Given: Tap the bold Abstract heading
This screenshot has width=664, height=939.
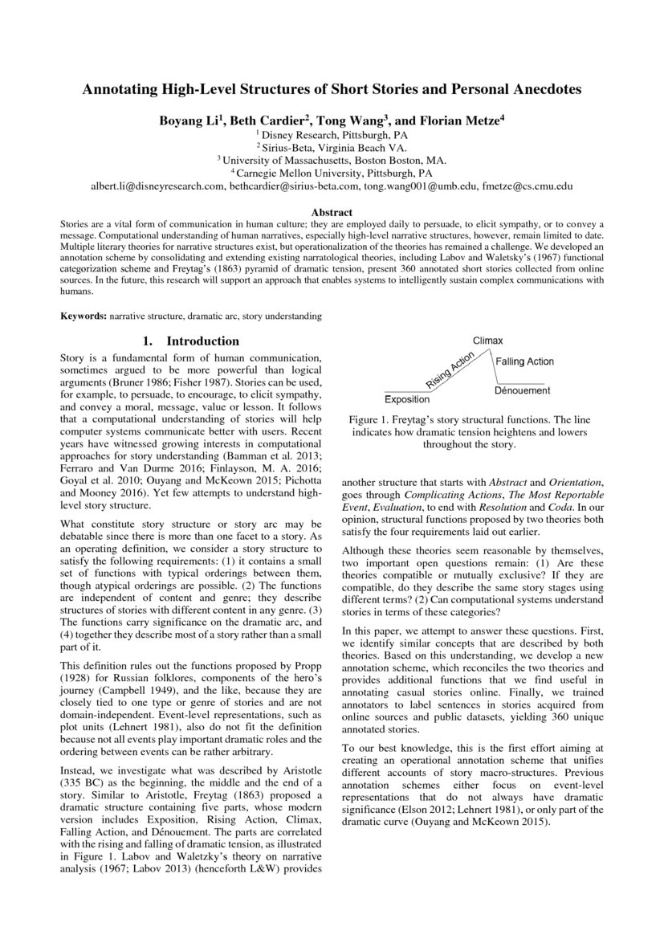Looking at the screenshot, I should [x=332, y=212].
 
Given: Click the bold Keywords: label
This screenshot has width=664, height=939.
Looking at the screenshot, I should [x=84, y=316].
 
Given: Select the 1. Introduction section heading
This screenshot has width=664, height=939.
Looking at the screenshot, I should [x=190, y=341].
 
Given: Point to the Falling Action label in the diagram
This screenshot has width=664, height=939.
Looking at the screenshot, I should [x=524, y=362].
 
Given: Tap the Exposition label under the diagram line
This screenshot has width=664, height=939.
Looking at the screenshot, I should [x=406, y=399].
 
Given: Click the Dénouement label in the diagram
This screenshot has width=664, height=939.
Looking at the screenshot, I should [x=522, y=390].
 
